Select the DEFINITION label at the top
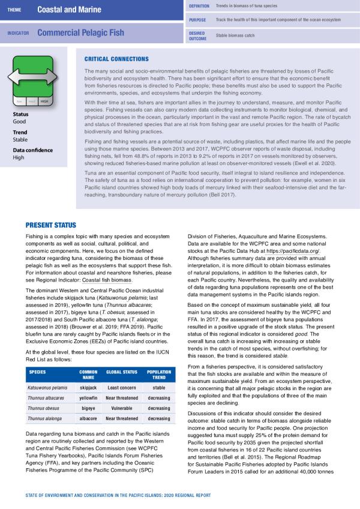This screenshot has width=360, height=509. coord(199,5)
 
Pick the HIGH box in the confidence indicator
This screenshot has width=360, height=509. coord(44,102)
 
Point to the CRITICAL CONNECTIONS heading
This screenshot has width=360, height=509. coord(117,59)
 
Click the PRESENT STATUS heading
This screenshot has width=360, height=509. coord(50,225)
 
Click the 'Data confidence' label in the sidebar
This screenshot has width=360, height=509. coord(31,149)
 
